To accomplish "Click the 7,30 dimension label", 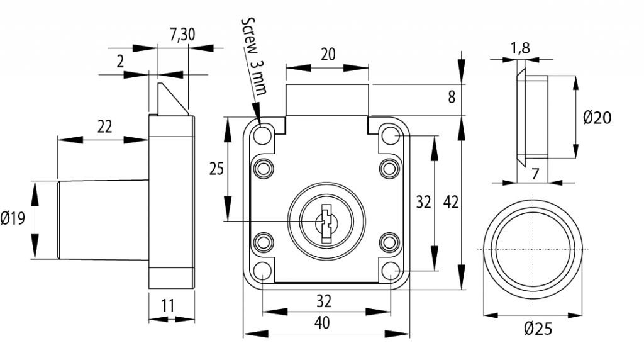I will (182, 35).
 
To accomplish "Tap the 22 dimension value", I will (104, 127).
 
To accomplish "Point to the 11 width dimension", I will (167, 306).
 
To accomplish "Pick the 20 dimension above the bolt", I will (328, 54).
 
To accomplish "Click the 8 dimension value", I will (451, 98).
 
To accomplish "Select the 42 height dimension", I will (451, 202).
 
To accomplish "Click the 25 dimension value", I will (216, 169).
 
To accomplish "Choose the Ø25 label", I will (537, 328).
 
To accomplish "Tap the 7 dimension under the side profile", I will (535, 174).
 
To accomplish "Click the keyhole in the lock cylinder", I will (326, 223).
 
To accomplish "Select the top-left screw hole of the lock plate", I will (263, 135).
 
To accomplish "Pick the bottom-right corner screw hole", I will (391, 271).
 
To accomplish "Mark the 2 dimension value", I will (119, 61).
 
